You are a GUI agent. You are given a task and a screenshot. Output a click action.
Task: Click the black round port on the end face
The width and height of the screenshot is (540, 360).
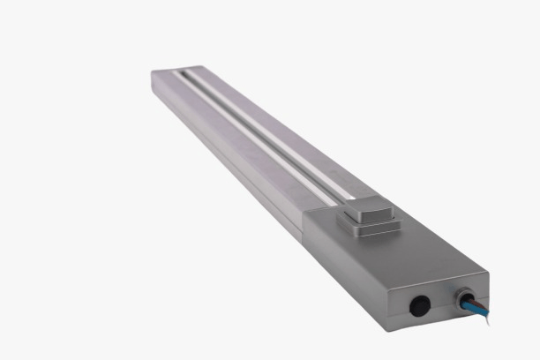[419, 305]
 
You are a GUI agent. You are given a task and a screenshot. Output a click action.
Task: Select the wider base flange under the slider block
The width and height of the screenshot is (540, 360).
[369, 225]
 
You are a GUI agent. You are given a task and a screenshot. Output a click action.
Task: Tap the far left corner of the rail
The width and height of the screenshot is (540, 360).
[154, 74]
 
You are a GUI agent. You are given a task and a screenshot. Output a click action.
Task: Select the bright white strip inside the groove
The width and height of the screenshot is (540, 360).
[265, 132]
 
